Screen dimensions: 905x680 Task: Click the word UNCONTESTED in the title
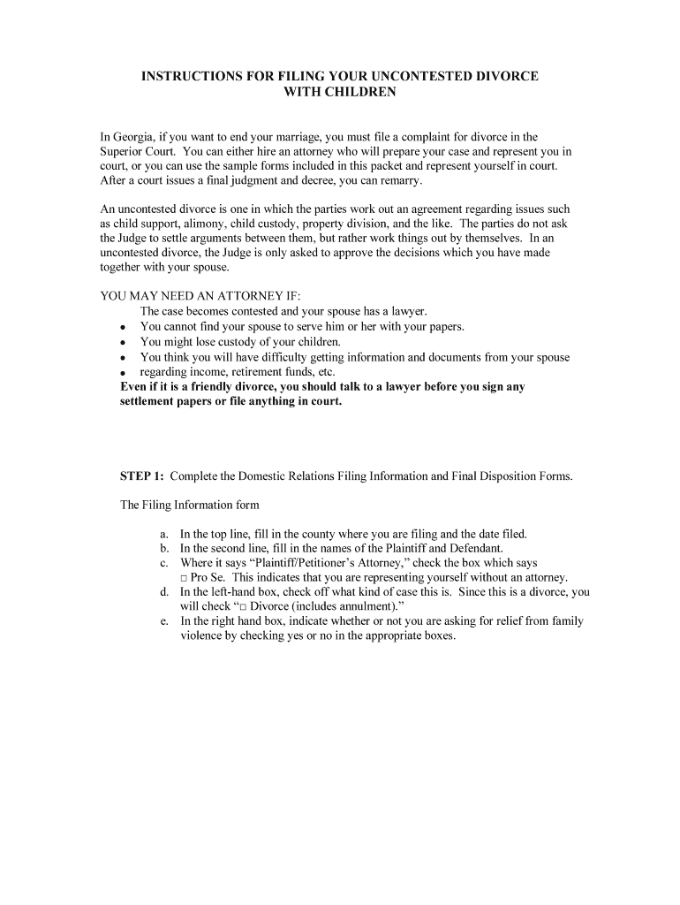click(x=386, y=77)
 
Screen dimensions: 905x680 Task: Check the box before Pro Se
click(x=184, y=577)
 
